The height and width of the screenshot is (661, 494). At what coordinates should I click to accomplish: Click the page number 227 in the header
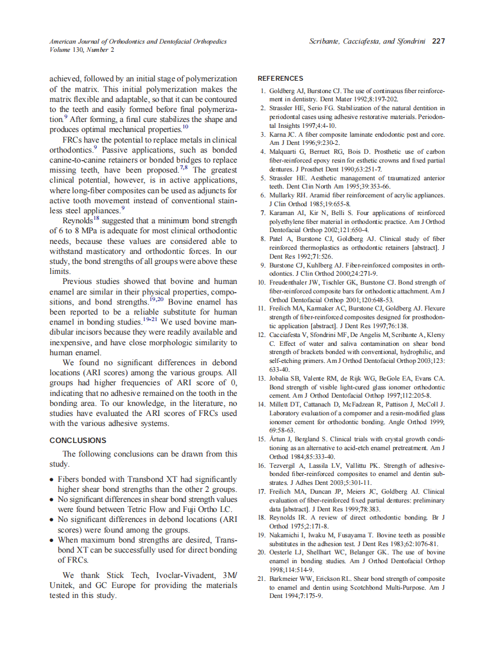(439, 41)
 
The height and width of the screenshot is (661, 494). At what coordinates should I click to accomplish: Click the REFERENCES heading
(281, 78)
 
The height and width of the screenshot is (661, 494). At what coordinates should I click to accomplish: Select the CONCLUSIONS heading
(78, 440)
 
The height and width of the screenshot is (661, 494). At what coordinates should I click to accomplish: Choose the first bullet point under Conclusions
(52, 480)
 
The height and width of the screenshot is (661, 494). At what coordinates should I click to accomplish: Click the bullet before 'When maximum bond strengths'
(52, 540)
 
